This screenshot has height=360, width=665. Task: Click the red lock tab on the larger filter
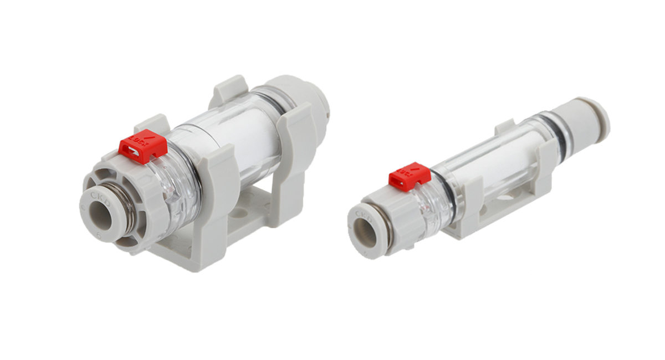tap(143, 146)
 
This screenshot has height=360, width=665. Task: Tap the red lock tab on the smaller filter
tap(409, 176)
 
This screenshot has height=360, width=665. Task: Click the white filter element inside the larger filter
tap(252, 141)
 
